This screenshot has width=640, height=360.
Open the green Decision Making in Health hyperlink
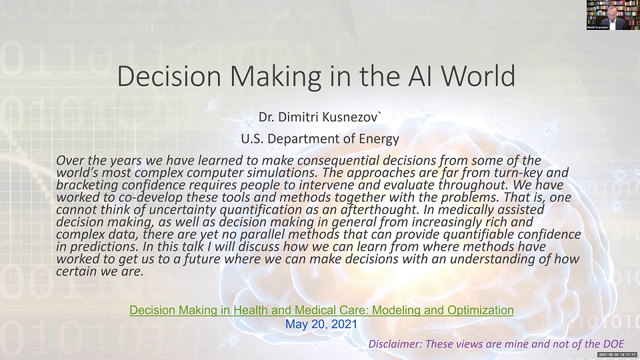point(321,310)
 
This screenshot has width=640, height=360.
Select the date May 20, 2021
point(321,324)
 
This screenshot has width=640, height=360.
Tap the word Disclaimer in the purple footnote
point(395,344)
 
